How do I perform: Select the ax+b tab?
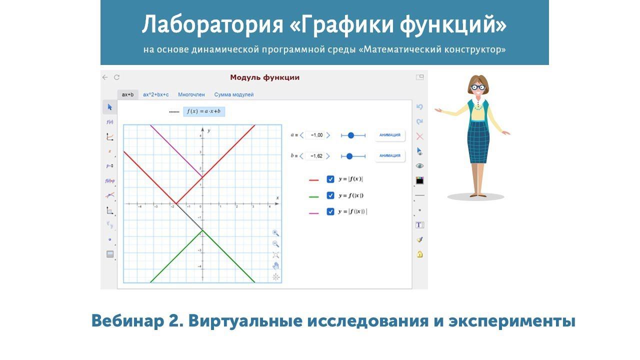pyautogui.click(x=127, y=94)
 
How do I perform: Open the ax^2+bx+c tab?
pyautogui.click(x=155, y=94)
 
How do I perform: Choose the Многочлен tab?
pyautogui.click(x=191, y=94)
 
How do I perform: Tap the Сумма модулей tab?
pyautogui.click(x=233, y=94)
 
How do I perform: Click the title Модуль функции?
pyautogui.click(x=264, y=77)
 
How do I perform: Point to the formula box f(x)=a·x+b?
pyautogui.click(x=203, y=111)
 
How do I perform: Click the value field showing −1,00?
pyautogui.click(x=315, y=135)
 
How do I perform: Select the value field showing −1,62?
pyautogui.click(x=315, y=156)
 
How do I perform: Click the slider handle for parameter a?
pyautogui.click(x=350, y=135)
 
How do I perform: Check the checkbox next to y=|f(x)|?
pyautogui.click(x=330, y=179)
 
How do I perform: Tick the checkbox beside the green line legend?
pyautogui.click(x=330, y=195)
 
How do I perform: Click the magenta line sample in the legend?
pyautogui.click(x=314, y=212)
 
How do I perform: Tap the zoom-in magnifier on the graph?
pyautogui.click(x=275, y=233)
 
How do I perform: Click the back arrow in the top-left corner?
pyautogui.click(x=105, y=77)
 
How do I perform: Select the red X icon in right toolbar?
pyautogui.click(x=419, y=136)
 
